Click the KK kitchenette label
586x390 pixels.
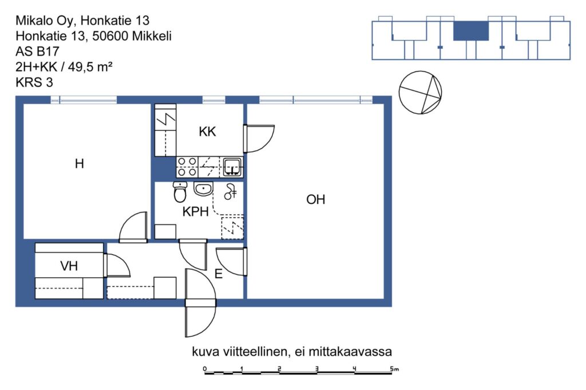tap(207, 132)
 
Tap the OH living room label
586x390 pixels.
tap(316, 200)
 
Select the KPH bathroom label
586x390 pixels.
tap(196, 212)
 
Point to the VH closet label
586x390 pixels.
tap(69, 266)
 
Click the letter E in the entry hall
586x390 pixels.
tap(219, 274)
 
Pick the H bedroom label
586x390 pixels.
tap(79, 164)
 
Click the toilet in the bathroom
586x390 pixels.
tap(180, 192)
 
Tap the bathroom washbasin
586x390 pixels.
tap(203, 189)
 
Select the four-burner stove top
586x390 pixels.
tap(187, 167)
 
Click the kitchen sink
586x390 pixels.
tap(232, 167)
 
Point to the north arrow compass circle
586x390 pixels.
tap(421, 92)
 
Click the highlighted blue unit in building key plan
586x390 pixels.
tap(471, 31)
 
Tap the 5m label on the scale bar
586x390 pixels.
tap(395, 369)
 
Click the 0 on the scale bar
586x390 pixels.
tap(205, 369)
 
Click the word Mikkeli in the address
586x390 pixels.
tap(152, 36)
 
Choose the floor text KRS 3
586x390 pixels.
tap(34, 82)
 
